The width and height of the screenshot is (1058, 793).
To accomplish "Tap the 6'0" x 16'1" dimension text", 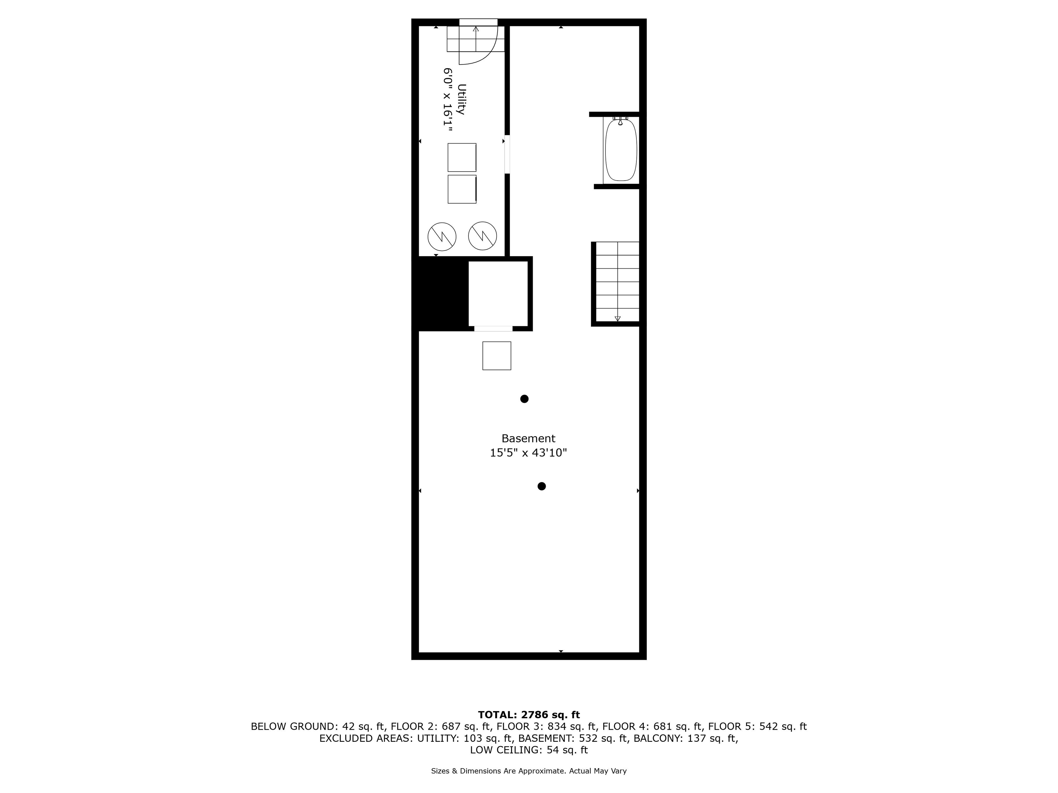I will (447, 99).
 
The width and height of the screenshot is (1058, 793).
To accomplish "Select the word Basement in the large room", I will (528, 438).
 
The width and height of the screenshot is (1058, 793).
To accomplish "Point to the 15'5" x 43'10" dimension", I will (528, 453).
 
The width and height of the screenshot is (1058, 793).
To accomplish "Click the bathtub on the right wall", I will (621, 150).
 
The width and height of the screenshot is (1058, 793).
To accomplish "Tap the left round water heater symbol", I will (442, 236).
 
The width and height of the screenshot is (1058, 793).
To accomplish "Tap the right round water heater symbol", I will (482, 236).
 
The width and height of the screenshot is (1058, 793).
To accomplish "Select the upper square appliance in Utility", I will (461, 157).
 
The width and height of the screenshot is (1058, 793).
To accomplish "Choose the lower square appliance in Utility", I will (461, 189).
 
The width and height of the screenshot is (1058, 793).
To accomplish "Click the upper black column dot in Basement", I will (524, 399).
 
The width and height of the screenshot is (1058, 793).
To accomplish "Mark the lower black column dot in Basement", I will (541, 486).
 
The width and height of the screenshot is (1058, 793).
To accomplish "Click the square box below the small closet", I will (497, 356).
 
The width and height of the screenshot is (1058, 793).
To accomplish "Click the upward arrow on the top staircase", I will (475, 30).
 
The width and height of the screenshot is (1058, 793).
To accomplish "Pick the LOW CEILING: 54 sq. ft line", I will (529, 750).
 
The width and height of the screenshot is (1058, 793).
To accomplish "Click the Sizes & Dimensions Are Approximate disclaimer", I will (529, 771).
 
